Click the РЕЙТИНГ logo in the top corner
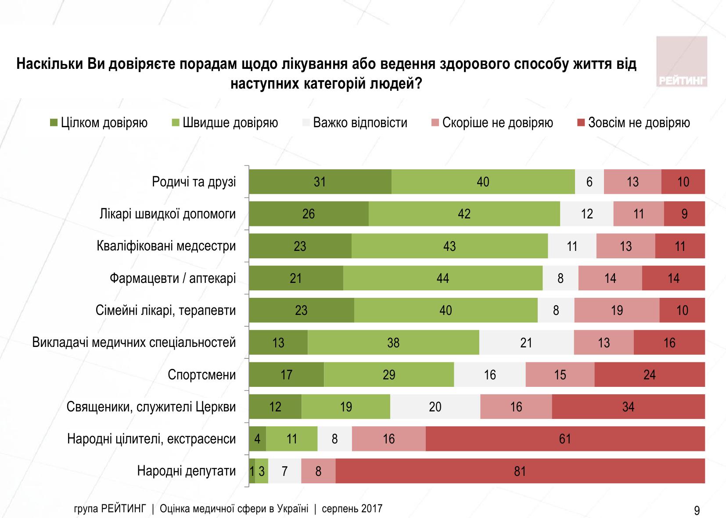[x=682, y=62]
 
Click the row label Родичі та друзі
[x=194, y=182]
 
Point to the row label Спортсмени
[x=201, y=375]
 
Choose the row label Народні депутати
[x=186, y=471]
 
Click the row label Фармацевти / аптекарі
[x=173, y=278]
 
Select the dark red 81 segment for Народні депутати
[x=520, y=471]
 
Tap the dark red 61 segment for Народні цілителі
[x=565, y=439]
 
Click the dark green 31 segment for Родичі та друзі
[x=320, y=182]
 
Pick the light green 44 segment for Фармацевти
[x=443, y=278]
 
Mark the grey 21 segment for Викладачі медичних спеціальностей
[x=526, y=343]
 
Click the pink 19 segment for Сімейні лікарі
[x=617, y=310]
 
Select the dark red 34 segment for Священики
[x=628, y=407]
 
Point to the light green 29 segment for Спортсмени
[x=389, y=375]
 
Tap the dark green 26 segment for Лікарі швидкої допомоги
[x=309, y=214]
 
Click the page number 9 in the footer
[x=697, y=511]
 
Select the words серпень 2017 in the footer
[x=352, y=509]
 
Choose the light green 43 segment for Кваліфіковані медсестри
[x=449, y=246]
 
